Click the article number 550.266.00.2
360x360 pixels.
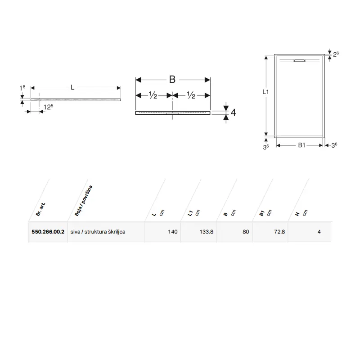tap(48, 232)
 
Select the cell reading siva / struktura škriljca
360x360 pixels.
tap(98, 232)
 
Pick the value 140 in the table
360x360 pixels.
tap(173, 232)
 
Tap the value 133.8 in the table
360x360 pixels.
tap(207, 232)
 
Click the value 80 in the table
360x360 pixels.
tap(246, 232)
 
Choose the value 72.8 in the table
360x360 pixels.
tap(279, 232)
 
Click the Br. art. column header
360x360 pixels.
tap(40, 209)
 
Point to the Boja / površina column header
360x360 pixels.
tap(84, 200)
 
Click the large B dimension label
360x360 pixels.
tap(172, 80)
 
